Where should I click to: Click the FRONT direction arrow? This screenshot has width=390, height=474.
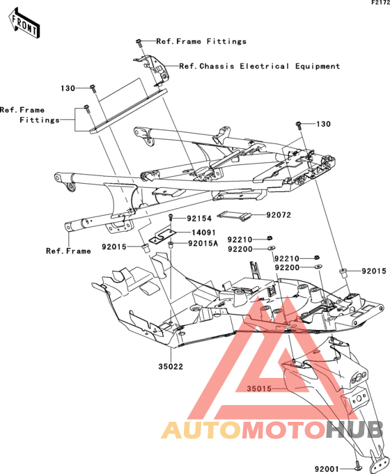click(24, 24)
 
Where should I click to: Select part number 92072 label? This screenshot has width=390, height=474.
click(279, 215)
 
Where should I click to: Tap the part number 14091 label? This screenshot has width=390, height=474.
click(203, 232)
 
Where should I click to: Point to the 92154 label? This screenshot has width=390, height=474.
click(199, 219)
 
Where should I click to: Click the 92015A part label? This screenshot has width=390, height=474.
click(203, 243)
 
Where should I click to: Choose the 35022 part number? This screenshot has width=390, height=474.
click(171, 366)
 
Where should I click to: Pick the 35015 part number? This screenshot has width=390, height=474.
click(259, 388)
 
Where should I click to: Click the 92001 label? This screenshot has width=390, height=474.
click(327, 469)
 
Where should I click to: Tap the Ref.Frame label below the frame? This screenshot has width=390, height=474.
click(68, 251)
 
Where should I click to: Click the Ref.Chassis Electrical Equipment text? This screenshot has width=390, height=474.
click(260, 66)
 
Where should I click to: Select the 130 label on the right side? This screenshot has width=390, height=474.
click(323, 124)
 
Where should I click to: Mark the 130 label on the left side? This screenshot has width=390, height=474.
click(68, 88)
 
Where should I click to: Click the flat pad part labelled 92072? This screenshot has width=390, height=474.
click(234, 215)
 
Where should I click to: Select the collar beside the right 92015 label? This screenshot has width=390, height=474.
click(343, 272)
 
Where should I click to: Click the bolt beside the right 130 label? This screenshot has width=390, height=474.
click(298, 125)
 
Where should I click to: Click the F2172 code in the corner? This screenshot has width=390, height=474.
click(381, 3)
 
